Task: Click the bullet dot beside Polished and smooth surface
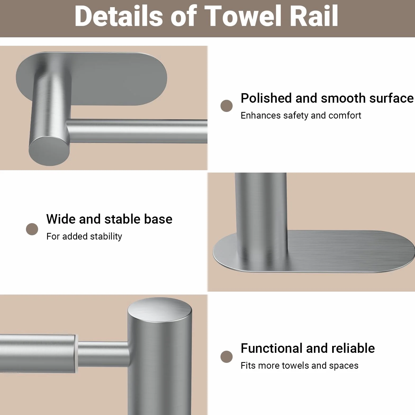pyautogui.click(x=227, y=106)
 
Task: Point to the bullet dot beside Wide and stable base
pyautogui.click(x=32, y=229)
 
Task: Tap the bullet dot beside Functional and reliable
pyautogui.click(x=227, y=357)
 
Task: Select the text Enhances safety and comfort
pyautogui.click(x=301, y=115)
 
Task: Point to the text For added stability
pyautogui.click(x=84, y=236)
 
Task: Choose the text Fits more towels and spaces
pyautogui.click(x=300, y=366)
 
